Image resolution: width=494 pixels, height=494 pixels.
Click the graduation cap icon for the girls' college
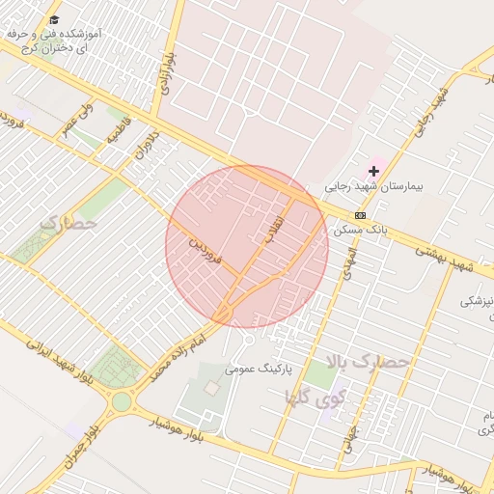tap(54, 19)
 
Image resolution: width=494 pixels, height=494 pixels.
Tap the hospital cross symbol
tap(373, 171)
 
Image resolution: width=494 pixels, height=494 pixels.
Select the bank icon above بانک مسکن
tap(360, 215)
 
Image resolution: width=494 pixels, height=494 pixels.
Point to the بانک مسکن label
tap(357, 232)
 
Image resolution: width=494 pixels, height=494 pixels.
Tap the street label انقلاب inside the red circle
tap(273, 228)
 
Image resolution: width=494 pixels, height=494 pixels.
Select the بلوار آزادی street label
tap(168, 73)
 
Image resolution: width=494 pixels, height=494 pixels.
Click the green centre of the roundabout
tap(122, 401)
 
